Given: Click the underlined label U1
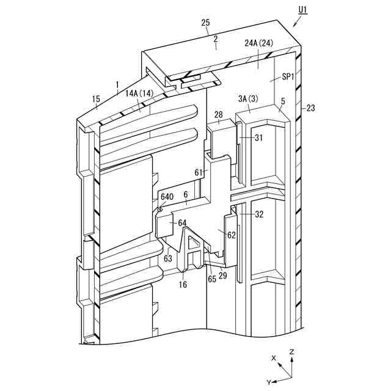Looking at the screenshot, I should point(304,10).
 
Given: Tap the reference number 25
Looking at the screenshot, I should point(206,23).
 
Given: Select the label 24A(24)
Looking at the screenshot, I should point(259,43).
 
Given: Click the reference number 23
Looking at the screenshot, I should point(310,109).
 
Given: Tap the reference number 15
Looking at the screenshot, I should point(96,99).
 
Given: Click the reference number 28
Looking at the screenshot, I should point(219,114).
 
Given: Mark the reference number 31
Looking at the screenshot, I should point(259,137).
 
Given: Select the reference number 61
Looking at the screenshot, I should point(199,172).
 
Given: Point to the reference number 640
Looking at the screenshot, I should point(167,197).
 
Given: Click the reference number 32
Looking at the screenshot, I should point(260,214).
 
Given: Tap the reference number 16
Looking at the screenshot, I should point(183,285).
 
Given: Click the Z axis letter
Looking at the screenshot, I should point(293,352).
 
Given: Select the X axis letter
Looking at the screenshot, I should point(274,357).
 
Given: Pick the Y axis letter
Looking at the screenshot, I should point(268,382).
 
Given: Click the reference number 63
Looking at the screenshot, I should point(169,258).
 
